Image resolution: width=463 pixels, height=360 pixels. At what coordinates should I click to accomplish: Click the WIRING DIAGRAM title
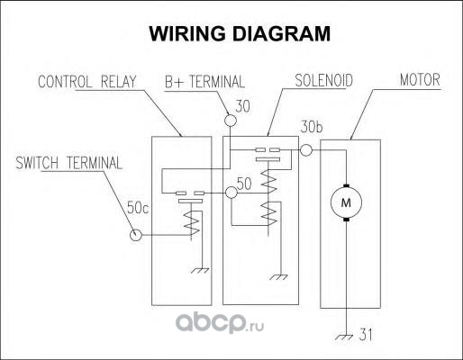(240, 33)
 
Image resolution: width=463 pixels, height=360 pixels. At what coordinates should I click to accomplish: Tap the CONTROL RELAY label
(87, 82)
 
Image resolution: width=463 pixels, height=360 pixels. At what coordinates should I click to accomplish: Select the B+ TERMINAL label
(204, 82)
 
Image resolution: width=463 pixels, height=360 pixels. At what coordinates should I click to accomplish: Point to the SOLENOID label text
(323, 80)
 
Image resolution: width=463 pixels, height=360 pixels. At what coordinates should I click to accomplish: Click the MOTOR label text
(420, 80)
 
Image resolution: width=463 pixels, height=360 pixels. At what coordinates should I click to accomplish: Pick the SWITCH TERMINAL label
(69, 163)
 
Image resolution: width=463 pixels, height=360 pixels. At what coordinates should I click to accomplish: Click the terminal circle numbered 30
(231, 121)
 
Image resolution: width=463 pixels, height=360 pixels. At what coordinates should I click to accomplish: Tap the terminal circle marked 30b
(306, 150)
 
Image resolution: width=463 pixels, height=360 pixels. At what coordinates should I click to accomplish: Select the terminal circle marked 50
(231, 193)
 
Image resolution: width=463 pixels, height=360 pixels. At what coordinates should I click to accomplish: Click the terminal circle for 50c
(135, 235)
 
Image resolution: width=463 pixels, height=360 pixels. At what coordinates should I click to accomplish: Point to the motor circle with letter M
(346, 202)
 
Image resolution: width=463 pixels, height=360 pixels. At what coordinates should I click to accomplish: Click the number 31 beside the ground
(366, 335)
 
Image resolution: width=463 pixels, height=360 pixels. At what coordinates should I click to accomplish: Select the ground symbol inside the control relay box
(200, 271)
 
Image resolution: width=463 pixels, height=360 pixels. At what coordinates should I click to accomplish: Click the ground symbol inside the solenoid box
(278, 277)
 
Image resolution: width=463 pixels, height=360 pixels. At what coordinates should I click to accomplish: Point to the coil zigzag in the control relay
(192, 223)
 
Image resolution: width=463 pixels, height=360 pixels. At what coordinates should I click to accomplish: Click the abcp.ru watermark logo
(220, 323)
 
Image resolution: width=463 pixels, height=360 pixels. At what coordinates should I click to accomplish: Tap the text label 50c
(138, 208)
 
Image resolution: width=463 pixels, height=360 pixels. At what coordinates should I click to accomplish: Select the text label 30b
(312, 127)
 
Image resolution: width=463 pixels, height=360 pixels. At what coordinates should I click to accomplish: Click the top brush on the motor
(346, 185)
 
